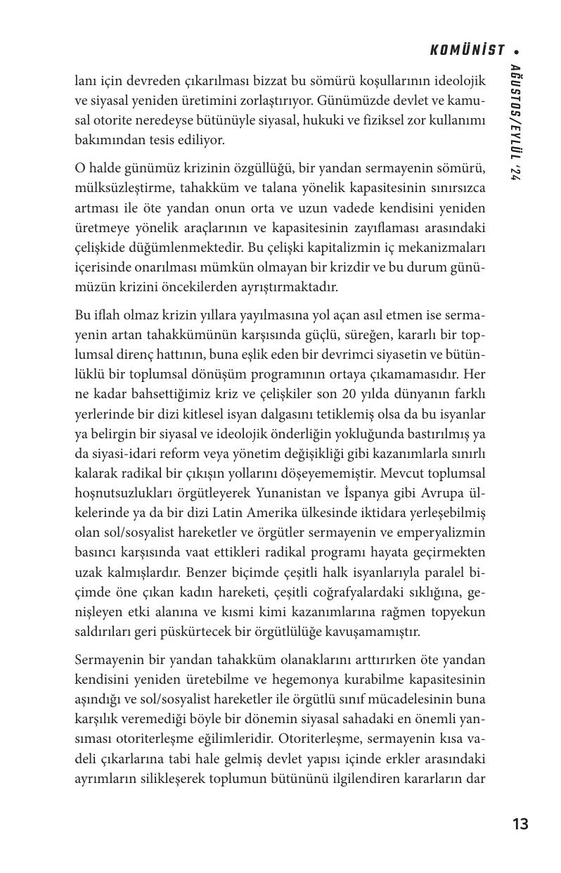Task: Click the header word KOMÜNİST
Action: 468,50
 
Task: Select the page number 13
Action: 520,824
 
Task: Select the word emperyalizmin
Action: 446,533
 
